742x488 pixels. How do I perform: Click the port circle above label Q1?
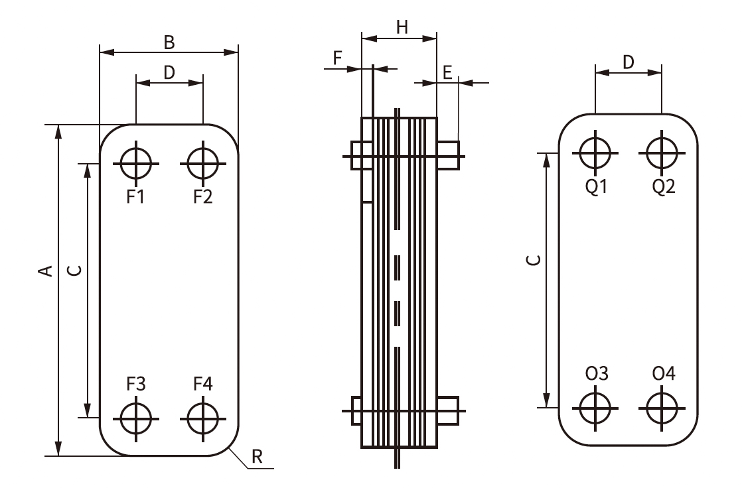coord(595,152)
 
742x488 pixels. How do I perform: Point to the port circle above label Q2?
coord(662,152)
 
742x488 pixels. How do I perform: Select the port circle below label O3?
coord(595,408)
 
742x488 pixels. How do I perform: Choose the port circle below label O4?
coord(662,408)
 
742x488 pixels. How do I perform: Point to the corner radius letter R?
coord(257,456)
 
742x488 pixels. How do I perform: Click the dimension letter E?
coord(447,73)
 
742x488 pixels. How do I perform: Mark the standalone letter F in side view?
coord(337,58)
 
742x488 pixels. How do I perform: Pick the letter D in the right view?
coord(629,62)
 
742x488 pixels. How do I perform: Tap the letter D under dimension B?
coord(169,72)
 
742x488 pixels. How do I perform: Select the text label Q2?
coord(663,187)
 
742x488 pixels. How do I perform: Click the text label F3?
coord(136,384)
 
